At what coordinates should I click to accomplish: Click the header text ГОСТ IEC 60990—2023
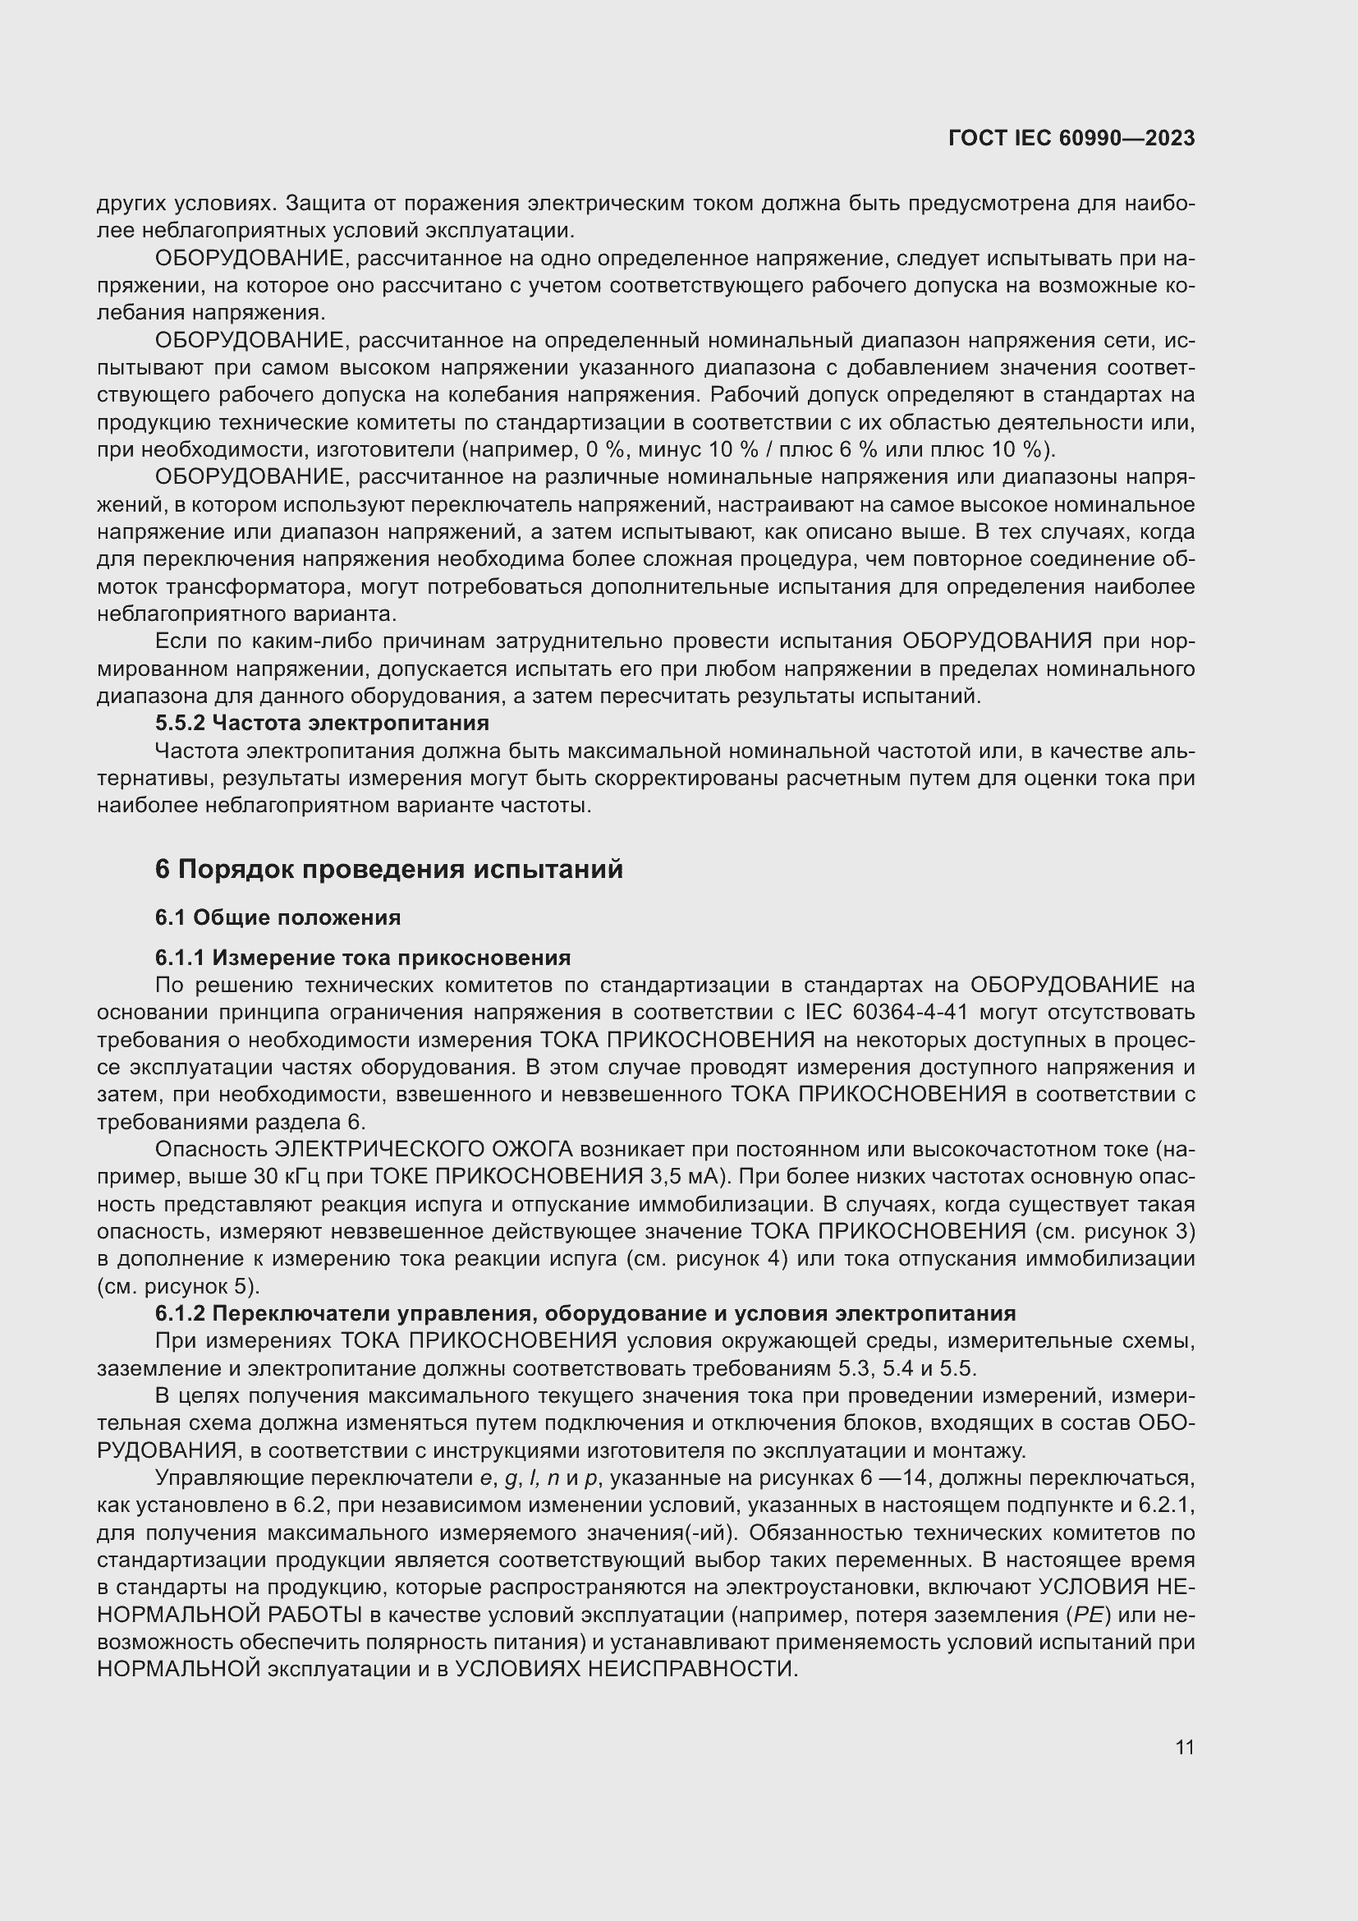[x=1071, y=138]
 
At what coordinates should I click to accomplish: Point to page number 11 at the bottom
[x=1184, y=1747]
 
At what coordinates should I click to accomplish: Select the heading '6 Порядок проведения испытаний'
[x=389, y=869]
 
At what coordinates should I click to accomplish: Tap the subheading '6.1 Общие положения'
[x=278, y=917]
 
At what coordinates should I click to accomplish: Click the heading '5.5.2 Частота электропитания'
[x=322, y=722]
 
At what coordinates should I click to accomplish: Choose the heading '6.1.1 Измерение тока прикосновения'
[x=363, y=957]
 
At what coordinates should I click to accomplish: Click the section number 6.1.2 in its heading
[x=181, y=1312]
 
